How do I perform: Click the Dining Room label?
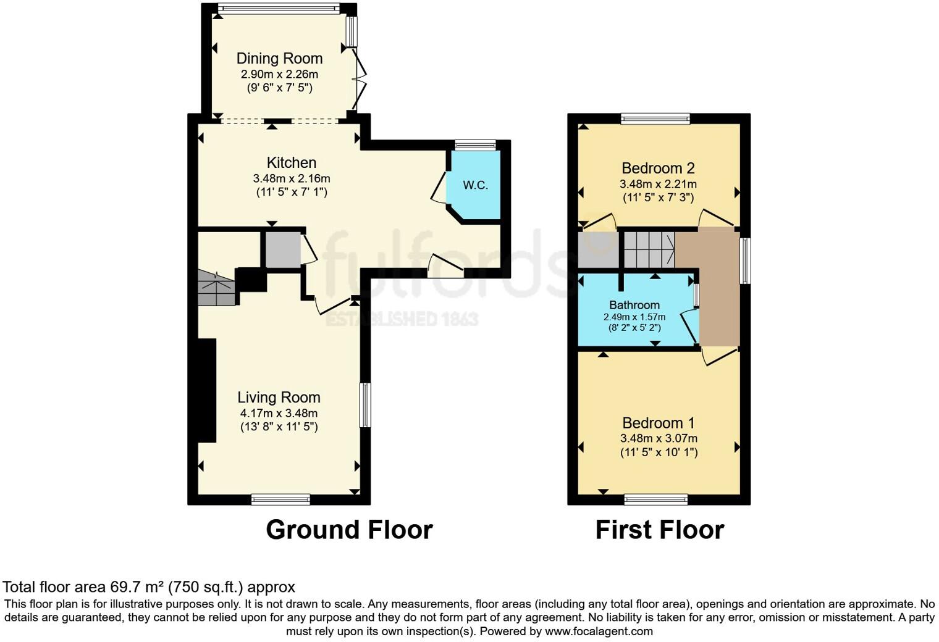pos(279,59)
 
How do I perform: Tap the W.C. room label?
pos(475,185)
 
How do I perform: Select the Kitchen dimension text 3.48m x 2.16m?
pos(292,178)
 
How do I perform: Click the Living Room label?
pos(279,398)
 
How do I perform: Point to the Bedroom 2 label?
pos(658,168)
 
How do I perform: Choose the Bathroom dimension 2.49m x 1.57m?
pos(634,317)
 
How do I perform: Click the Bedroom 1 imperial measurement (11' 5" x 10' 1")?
pos(659,452)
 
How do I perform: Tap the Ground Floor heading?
pos(349,530)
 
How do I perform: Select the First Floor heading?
pos(659,530)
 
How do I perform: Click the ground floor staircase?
pos(216,288)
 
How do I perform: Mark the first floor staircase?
pos(648,249)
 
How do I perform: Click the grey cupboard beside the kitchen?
pos(283,250)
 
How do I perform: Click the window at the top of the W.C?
pos(475,145)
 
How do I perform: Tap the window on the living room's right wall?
pos(366,405)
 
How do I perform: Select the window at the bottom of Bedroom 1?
pos(655,499)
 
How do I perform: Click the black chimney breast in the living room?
pos(207,390)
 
